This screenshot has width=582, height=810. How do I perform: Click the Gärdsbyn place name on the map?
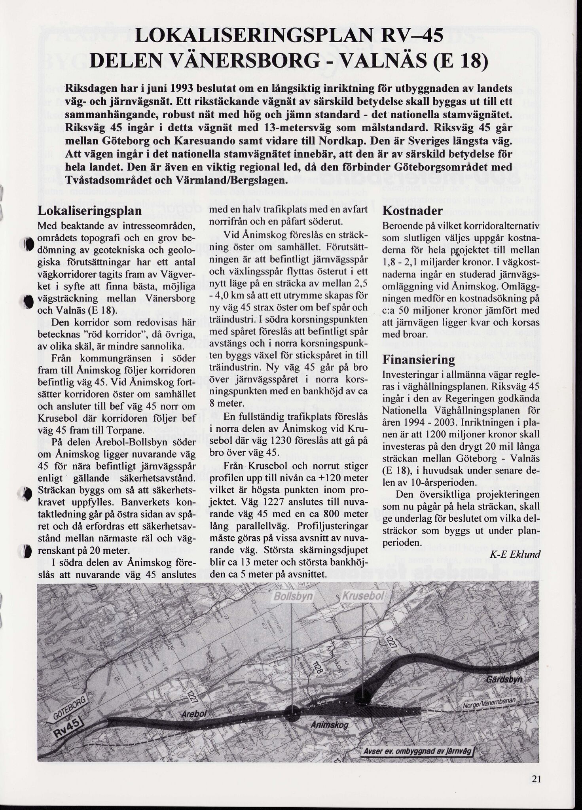point(504,679)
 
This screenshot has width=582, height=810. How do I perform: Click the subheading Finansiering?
point(419,360)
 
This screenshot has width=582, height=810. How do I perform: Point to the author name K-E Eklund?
point(515,555)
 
